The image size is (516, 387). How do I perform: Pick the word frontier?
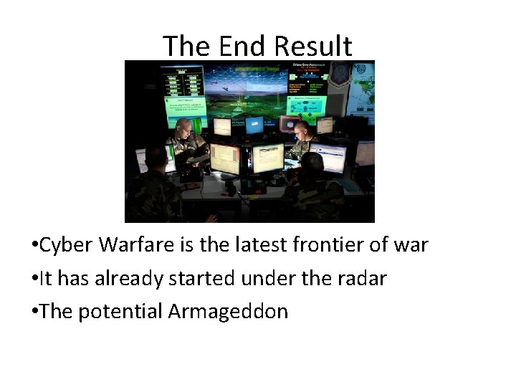[330, 245]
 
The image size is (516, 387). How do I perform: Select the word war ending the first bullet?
[411, 245]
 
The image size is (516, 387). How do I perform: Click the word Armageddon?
[228, 312]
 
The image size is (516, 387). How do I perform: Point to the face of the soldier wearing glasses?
[302, 131]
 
